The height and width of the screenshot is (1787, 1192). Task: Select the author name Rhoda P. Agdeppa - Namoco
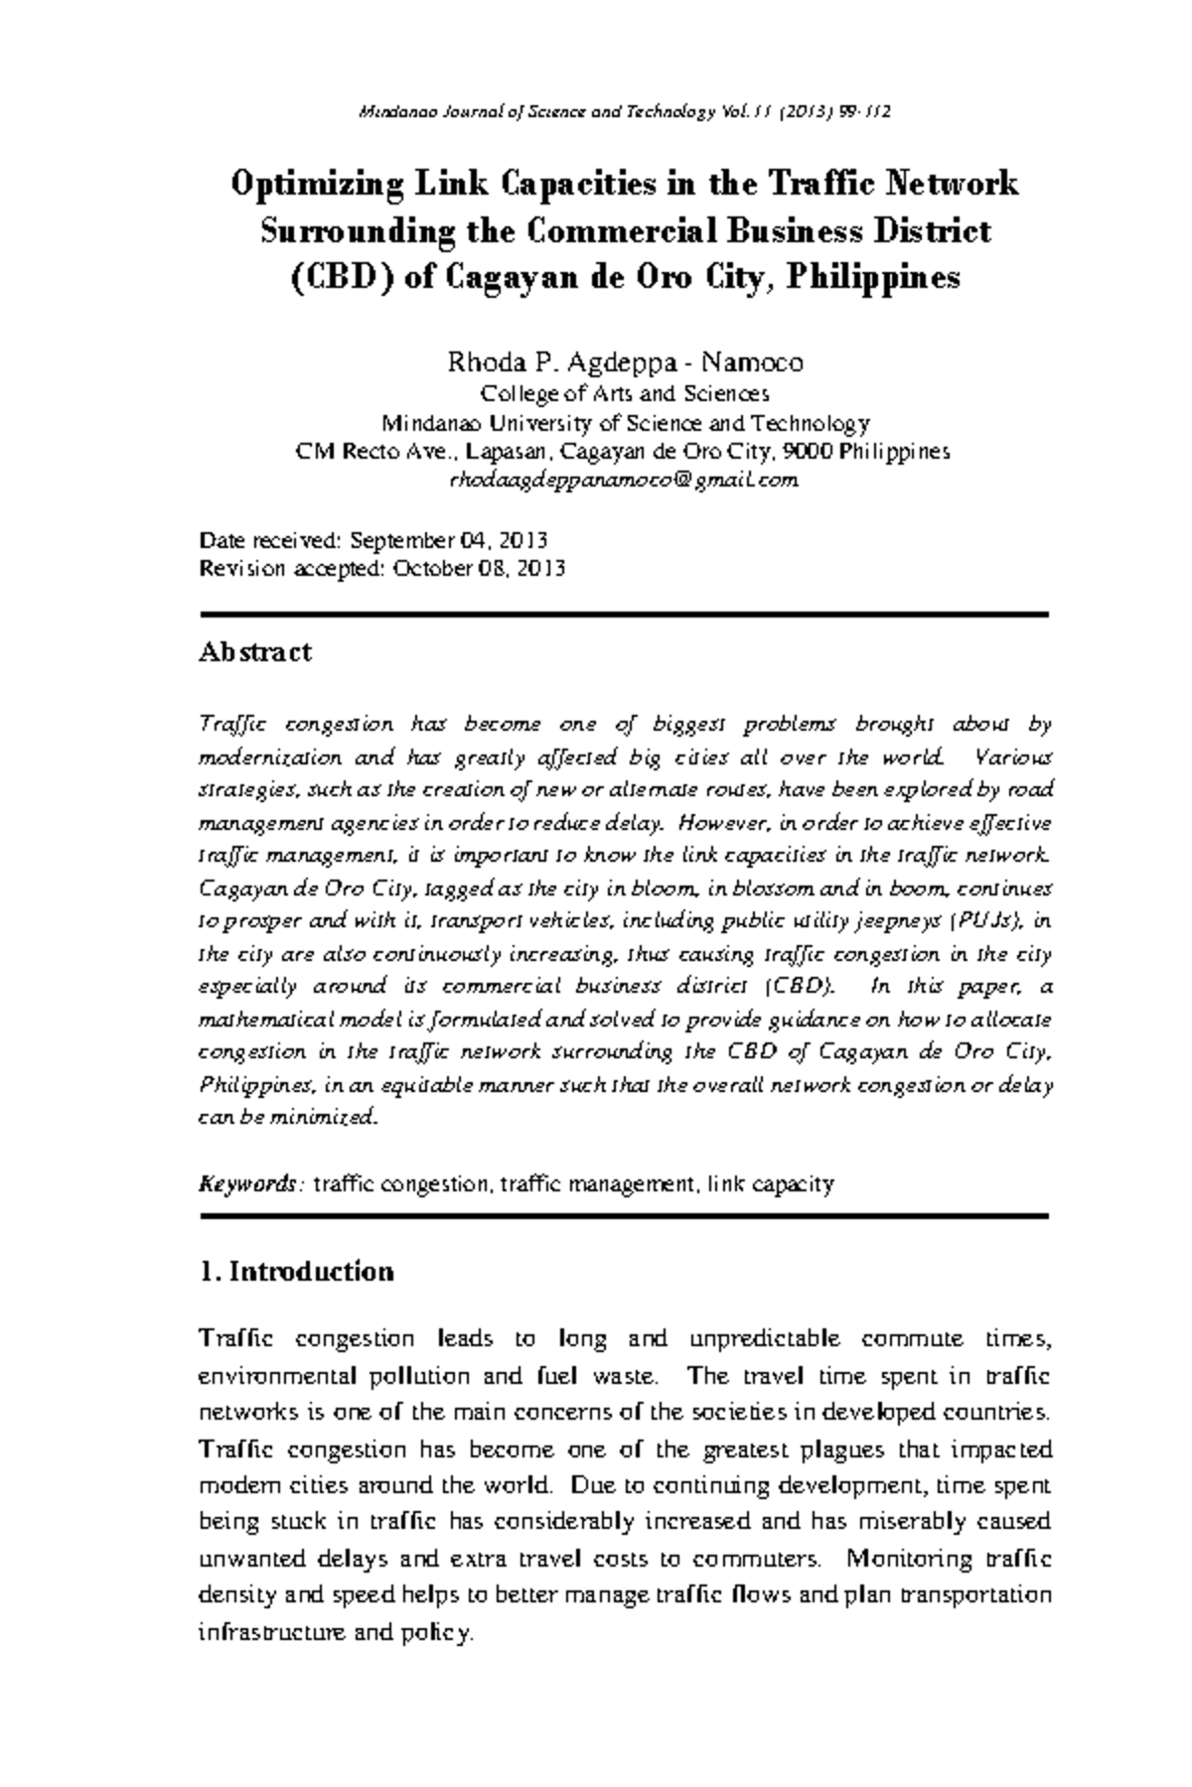(x=625, y=362)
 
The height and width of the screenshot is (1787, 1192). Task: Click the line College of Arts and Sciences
(x=624, y=394)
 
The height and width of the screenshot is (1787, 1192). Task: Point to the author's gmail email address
(x=624, y=481)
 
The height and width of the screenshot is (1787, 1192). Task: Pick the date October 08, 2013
(x=479, y=570)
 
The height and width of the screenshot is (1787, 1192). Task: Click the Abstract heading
(x=255, y=652)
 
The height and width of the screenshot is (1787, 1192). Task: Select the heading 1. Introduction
(x=296, y=1272)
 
